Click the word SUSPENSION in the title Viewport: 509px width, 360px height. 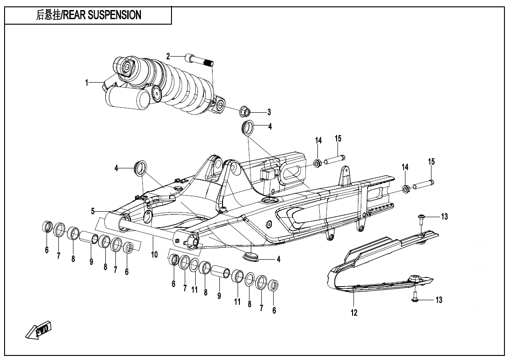(114, 15)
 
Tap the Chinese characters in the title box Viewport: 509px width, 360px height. (47, 15)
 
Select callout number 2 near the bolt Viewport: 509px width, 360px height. (168, 56)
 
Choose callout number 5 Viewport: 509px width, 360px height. (93, 211)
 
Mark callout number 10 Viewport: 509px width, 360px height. (154, 254)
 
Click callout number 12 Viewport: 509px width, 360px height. (354, 313)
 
